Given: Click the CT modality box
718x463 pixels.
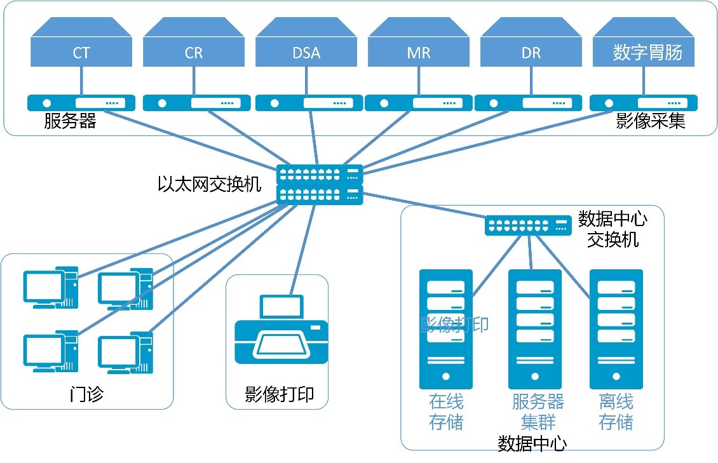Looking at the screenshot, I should [81, 51].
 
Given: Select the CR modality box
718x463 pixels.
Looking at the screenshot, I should [194, 51].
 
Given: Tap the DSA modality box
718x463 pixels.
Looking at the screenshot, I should [306, 51].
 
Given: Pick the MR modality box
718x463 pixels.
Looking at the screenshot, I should [418, 51].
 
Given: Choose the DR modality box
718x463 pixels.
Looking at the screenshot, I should [531, 51].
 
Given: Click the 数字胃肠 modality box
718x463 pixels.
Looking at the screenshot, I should [643, 51].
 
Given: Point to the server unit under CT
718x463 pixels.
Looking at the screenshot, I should [81, 103].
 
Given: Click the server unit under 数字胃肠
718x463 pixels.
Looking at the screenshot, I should [643, 103].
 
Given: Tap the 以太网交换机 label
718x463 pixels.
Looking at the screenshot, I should [209, 184].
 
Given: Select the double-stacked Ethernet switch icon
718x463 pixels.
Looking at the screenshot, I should [320, 184].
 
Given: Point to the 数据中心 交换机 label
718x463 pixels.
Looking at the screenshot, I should [613, 229].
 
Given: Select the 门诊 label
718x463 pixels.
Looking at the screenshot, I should [86, 394].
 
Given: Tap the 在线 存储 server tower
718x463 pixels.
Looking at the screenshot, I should [446, 329].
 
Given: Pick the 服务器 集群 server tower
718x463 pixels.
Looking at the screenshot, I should [535, 329].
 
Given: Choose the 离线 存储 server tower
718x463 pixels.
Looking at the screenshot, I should [616, 329].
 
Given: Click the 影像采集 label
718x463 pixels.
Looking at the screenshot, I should [651, 121].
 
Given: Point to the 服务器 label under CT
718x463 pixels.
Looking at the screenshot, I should [70, 121].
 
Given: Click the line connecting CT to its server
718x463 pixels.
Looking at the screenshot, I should [81, 81].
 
